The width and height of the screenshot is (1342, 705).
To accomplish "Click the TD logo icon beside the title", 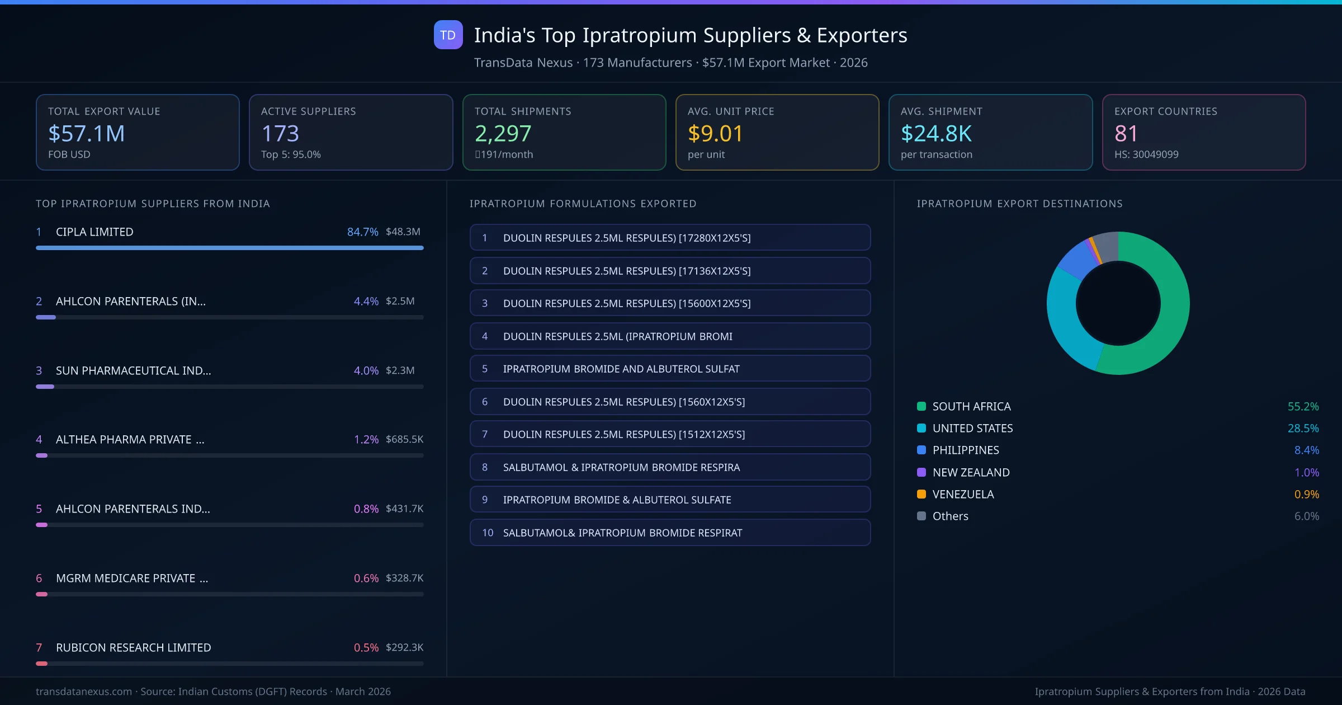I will tap(448, 35).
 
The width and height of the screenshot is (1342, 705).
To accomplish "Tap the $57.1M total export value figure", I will tap(87, 134).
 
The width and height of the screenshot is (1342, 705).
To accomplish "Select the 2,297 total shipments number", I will tap(503, 134).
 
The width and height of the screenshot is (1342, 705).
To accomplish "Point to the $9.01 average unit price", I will tap(715, 134).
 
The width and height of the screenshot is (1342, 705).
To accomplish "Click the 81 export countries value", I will tap(1126, 134).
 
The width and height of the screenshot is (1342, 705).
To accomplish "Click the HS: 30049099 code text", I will tap(1146, 154).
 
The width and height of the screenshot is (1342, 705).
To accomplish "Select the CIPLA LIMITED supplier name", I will tap(94, 232).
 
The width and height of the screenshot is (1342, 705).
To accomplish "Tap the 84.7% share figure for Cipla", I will tap(362, 232).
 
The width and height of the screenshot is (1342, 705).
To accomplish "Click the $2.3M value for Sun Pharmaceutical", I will tap(400, 370).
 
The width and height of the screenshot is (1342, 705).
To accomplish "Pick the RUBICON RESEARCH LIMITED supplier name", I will tap(133, 647).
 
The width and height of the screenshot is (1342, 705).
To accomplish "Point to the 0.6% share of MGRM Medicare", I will tap(366, 578).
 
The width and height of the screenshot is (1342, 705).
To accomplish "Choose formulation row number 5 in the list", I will tap(670, 369).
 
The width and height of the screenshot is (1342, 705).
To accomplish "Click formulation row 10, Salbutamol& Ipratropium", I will tap(670, 533).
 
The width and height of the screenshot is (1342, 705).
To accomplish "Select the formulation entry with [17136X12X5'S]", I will tap(670, 271).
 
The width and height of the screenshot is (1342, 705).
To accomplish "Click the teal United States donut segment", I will tap(1065, 325).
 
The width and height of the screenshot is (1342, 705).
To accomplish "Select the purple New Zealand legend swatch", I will tap(922, 472).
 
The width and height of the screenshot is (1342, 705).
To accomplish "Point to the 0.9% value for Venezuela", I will tap(1306, 494).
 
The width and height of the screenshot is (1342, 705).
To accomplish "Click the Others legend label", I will tap(950, 516).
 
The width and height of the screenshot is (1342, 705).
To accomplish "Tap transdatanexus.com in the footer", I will tap(84, 692).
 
